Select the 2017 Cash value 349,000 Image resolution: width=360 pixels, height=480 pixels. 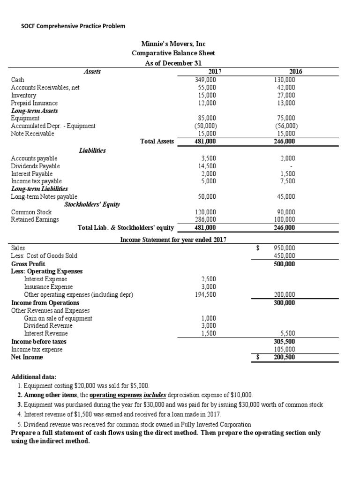coord(205,80)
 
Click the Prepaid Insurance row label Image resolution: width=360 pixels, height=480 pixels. coord(34,103)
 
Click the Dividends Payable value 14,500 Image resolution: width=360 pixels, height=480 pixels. coord(207,166)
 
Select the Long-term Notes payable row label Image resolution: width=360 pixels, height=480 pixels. coord(44,197)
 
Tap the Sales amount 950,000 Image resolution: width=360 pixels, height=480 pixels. coord(285,248)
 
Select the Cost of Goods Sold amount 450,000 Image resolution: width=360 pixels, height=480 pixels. coord(285,256)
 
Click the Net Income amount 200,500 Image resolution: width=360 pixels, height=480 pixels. coord(285,357)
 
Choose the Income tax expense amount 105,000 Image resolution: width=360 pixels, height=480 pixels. coord(285,349)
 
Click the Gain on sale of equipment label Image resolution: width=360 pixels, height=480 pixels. coord(58,318)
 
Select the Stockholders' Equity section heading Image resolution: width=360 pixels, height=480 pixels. coord(92,204)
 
